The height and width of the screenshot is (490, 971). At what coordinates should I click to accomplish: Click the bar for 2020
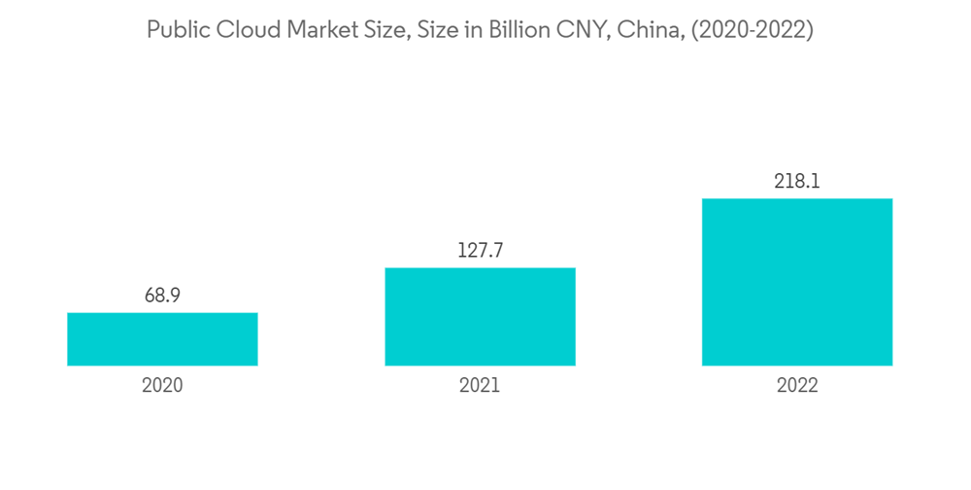coord(162,339)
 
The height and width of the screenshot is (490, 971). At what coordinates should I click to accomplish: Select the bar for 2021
coord(480,317)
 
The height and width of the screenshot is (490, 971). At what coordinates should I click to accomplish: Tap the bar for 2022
coord(797,282)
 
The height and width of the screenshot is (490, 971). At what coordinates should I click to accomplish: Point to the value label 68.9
coord(162,296)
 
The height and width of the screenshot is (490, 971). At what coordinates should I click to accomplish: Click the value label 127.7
coord(480,251)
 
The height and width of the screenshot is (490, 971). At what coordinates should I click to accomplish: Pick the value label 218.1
coord(797,182)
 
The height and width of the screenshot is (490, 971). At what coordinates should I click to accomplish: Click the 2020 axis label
coord(162,385)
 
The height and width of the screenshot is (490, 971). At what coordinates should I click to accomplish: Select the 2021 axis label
coord(480,385)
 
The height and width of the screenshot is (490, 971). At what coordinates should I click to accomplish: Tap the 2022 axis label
coord(797,385)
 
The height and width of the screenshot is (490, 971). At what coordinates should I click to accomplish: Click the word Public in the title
coord(173,30)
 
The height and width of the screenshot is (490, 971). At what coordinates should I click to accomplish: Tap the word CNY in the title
coord(595,30)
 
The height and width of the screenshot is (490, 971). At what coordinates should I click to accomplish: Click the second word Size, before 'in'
coord(445,30)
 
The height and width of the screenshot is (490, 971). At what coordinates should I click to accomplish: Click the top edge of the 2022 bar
coord(797,199)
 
